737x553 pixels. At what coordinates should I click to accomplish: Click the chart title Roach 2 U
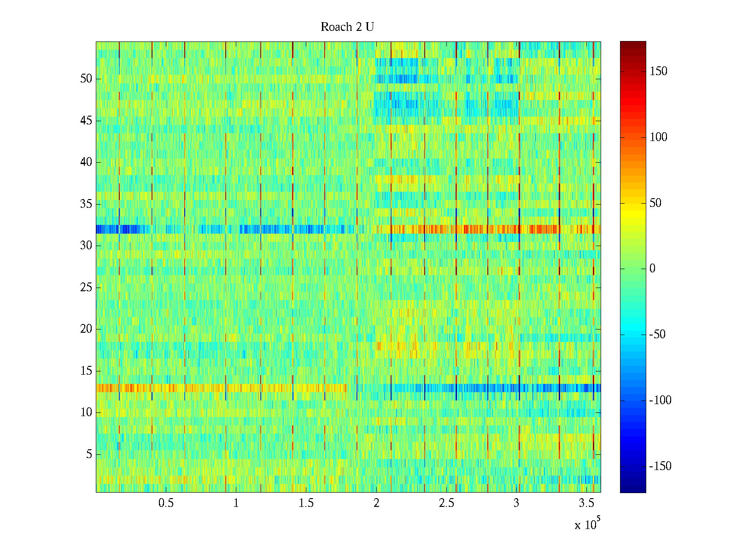347,27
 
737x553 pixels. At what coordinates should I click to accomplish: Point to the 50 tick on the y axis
86,79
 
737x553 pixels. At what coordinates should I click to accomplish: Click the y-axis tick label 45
86,121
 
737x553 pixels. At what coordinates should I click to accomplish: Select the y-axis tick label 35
86,204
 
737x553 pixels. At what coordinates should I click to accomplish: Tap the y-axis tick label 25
86,288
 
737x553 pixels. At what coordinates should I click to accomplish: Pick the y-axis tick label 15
86,371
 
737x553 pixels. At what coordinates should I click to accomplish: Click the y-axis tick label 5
89,454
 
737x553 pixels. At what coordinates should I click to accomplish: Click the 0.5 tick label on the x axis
166,503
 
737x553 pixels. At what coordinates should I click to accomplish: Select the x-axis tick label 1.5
306,503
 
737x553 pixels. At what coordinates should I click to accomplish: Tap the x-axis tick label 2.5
446,503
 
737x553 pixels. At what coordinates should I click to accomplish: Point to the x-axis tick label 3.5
586,503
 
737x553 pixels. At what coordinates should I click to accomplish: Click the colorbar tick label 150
658,71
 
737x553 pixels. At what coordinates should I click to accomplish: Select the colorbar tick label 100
658,137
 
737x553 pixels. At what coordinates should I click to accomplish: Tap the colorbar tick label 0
652,269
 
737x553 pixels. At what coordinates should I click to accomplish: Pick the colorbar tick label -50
657,335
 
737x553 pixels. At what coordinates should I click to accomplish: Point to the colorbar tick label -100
660,400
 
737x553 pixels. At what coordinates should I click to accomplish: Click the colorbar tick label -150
660,466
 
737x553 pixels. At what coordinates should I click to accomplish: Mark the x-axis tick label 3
516,503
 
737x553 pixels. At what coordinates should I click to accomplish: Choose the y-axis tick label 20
86,329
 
